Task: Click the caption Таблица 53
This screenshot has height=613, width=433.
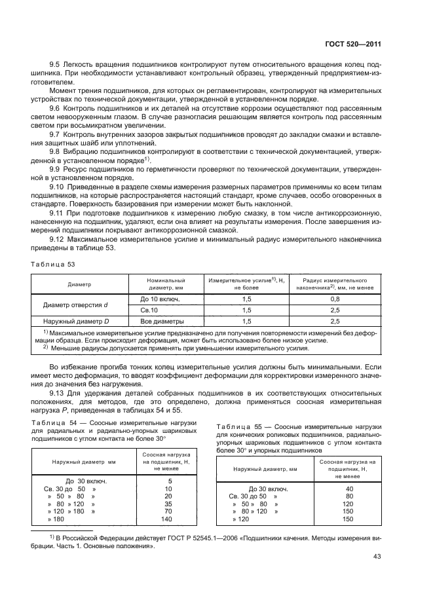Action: click(x=52, y=263)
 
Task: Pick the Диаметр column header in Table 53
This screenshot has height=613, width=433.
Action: click(x=79, y=284)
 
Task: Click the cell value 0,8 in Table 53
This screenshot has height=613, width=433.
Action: click(x=335, y=298)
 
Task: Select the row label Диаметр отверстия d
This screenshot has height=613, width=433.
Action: click(x=75, y=304)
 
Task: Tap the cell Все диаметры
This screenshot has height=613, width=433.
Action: click(x=162, y=322)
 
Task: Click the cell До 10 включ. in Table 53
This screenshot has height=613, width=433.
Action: click(x=160, y=298)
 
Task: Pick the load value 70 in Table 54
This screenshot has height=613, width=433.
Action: click(x=168, y=511)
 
